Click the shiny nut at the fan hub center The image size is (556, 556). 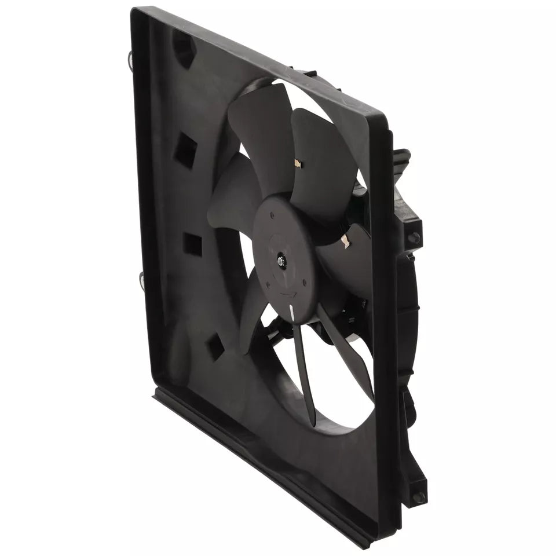coord(281,262)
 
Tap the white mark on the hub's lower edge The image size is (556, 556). coord(291,313)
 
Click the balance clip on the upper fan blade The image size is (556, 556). coord(298,164)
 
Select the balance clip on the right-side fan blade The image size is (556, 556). coord(346,243)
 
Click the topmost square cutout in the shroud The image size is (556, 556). coord(186,150)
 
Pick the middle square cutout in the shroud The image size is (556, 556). coord(192,244)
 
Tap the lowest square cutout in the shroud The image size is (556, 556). coord(215,345)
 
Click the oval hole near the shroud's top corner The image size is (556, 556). coord(183,49)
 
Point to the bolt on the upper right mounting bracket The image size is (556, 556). coord(414,237)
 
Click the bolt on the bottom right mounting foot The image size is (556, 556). coord(419,497)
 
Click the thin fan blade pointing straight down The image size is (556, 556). coord(304,376)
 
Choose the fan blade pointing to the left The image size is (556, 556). coord(232,194)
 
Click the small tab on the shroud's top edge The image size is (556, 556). coord(305,74)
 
